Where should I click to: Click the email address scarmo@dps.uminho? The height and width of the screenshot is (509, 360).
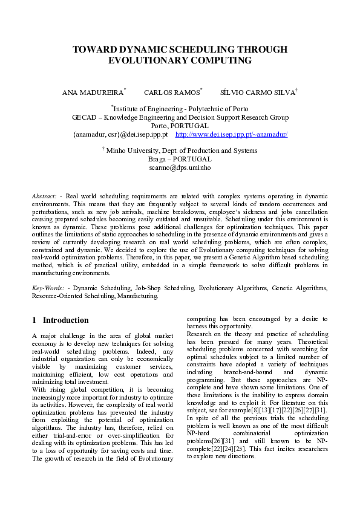pos(180,167)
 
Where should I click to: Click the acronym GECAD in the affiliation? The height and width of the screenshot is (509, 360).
pos(84,117)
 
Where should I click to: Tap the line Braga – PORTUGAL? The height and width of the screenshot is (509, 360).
pos(180,159)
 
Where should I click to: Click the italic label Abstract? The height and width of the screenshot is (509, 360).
pos(44,197)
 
